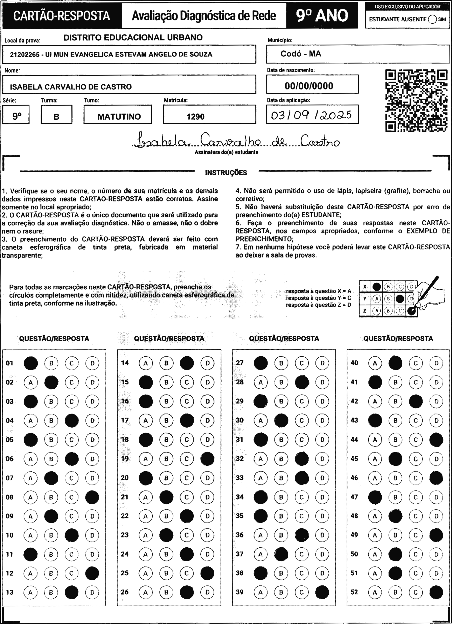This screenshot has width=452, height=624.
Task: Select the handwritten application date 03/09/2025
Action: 312,115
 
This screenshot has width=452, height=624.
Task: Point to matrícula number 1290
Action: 195,117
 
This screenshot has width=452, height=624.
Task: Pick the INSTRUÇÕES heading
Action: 226,173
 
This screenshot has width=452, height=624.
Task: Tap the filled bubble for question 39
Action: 322,592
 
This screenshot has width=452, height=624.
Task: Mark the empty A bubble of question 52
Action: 375,592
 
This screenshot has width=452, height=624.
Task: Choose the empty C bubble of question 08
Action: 72,497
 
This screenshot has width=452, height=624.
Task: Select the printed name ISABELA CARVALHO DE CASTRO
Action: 71,87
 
